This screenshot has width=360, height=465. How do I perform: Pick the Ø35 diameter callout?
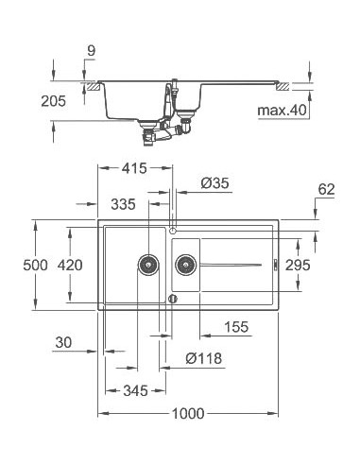pyautogui.click(x=213, y=183)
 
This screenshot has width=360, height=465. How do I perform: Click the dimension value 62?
pyautogui.click(x=327, y=190)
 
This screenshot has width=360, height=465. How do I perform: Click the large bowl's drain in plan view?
pyautogui.click(x=147, y=264)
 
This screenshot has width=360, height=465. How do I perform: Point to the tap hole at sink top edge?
pyautogui.click(x=172, y=228)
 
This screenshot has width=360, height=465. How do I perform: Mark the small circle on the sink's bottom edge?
pyautogui.click(x=172, y=299)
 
